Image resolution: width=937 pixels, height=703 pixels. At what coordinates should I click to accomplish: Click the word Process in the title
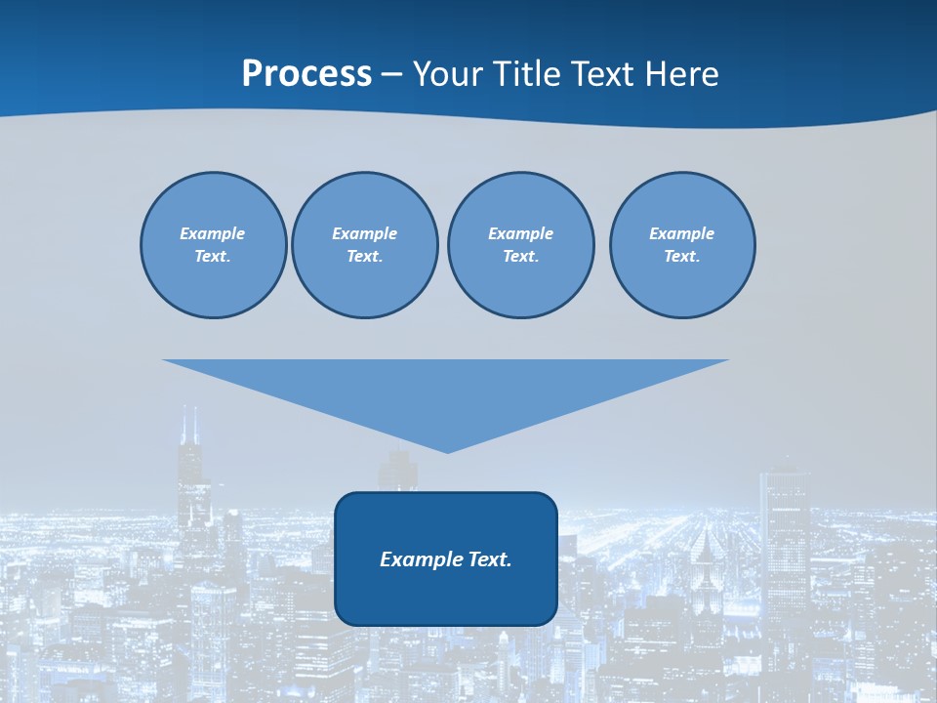(306, 74)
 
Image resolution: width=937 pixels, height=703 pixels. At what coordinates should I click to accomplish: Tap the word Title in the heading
(531, 74)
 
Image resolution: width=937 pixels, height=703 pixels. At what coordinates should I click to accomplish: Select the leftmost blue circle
(213, 245)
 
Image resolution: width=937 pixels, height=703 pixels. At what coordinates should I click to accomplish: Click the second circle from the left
(364, 245)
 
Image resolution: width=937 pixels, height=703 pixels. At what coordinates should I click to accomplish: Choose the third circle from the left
(520, 245)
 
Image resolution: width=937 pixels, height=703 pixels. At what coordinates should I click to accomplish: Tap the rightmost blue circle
(682, 245)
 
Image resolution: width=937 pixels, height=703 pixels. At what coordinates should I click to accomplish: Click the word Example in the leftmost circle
(213, 233)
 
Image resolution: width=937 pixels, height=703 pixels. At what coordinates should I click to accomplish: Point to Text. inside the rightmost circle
(682, 257)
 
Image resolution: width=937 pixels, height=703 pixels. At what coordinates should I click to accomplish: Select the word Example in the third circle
(520, 233)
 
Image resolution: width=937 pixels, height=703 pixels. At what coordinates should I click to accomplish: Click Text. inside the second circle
(364, 257)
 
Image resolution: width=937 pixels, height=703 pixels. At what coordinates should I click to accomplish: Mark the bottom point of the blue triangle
(447, 451)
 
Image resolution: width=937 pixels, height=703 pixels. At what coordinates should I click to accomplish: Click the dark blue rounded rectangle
(446, 596)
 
